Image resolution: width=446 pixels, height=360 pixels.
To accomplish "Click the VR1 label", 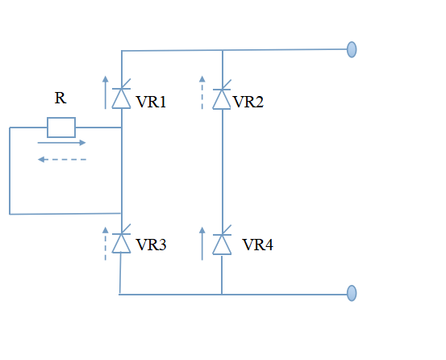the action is [151, 102].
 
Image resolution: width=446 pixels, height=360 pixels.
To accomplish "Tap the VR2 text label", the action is [248, 102].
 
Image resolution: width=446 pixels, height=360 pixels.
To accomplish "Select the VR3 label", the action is [151, 245].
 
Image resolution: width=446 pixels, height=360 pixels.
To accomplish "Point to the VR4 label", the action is [258, 245].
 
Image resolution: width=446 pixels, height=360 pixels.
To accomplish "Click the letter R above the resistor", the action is [60, 98].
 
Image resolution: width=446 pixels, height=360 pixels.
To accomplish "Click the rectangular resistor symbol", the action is [61, 128].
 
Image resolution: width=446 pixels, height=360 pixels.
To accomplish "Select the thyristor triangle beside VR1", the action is [122, 98].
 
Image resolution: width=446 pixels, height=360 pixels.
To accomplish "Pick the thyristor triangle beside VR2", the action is [222, 99].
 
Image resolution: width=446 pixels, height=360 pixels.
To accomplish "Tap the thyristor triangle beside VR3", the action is [122, 243].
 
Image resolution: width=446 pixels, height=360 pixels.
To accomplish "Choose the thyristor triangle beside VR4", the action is [222, 245].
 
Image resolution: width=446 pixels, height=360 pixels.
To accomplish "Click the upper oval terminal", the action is [352, 49].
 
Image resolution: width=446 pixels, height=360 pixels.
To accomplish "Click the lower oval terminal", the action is [352, 293].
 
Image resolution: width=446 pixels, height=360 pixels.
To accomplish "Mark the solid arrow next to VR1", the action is [106, 93].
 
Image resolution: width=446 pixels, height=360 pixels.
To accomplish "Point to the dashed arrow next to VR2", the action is [202, 93].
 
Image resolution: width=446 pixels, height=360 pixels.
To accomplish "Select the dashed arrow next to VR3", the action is [106, 243].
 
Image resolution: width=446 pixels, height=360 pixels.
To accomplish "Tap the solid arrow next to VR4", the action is [202, 243].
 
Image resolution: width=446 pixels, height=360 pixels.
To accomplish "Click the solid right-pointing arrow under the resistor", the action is [62, 143].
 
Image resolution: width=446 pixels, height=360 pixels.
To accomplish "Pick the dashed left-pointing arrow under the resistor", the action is [62, 159].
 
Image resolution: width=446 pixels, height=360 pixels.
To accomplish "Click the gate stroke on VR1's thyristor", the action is [126, 84].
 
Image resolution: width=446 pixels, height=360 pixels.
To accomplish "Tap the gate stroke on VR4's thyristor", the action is [227, 230].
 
